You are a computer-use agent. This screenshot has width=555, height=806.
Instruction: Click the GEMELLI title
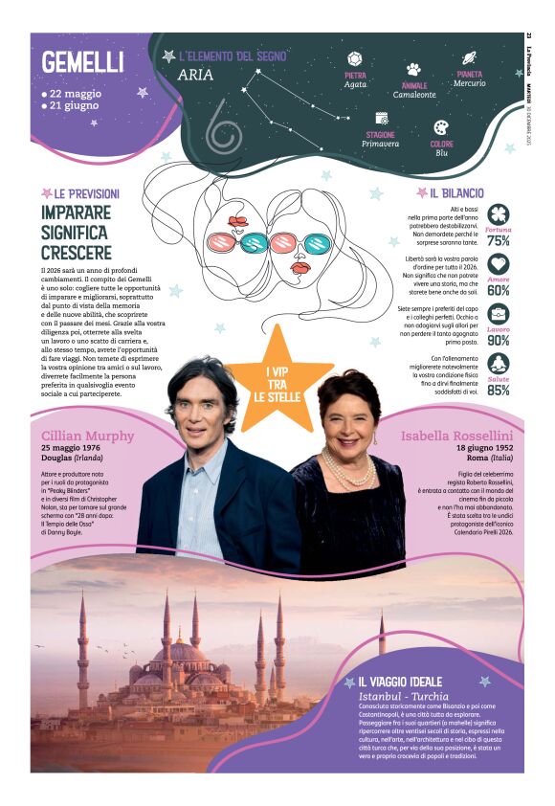coord(83,62)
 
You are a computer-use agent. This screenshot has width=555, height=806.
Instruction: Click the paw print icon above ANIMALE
coord(413,69)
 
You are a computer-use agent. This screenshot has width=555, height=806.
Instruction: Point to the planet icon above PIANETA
coord(469,58)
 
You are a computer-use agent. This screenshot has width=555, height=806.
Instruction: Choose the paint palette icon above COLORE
coord(441,128)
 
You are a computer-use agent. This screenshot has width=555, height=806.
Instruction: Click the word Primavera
coord(379,145)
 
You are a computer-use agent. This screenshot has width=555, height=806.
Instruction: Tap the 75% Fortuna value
coord(498,241)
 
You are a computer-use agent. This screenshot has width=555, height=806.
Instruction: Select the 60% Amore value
coord(498,290)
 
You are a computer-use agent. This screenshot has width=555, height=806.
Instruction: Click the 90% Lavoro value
coord(498,340)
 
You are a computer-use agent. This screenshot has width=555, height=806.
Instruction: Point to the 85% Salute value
coord(498,390)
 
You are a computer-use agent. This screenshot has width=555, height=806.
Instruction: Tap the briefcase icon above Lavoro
coord(498,314)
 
